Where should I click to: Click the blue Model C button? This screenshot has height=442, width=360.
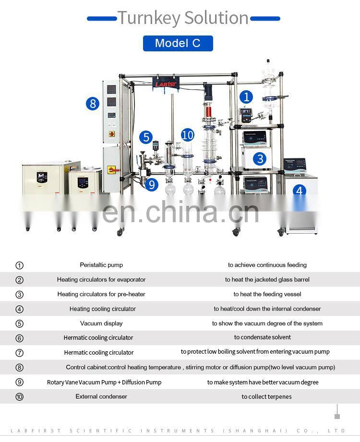click(x=178, y=43)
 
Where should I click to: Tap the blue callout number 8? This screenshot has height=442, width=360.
click(x=93, y=104)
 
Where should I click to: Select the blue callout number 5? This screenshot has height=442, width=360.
click(x=146, y=137)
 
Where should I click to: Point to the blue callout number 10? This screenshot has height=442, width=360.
click(x=188, y=135)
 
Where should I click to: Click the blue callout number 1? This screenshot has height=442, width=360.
click(x=246, y=97)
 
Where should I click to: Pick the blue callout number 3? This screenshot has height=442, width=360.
click(x=260, y=159)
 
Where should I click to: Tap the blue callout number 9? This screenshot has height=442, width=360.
click(x=152, y=185)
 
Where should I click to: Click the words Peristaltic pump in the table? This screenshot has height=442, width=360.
click(x=101, y=265)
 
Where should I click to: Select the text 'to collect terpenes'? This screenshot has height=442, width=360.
click(x=266, y=396)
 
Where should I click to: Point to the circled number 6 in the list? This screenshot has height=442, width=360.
click(x=20, y=338)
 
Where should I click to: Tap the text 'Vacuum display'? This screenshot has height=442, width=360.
click(x=101, y=323)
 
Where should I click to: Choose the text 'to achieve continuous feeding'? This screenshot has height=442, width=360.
click(x=267, y=265)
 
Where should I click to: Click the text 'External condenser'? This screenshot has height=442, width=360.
click(x=101, y=396)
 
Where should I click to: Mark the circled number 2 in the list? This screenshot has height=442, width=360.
click(x=20, y=280)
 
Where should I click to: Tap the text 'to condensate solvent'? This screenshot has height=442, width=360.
click(x=263, y=337)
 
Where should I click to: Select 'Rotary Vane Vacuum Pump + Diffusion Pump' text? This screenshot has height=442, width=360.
click(x=104, y=382)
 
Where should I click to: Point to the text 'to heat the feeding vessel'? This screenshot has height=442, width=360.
click(x=267, y=294)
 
